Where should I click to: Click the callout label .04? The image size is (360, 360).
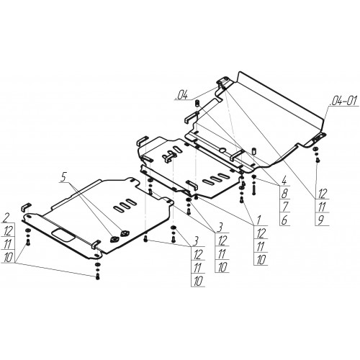tap(181, 95)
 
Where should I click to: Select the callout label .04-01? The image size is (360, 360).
tap(343, 101)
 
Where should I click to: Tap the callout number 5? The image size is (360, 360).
tap(63, 177)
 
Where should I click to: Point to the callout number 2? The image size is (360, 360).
tap(7, 218)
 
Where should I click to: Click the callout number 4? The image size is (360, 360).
tap(284, 181)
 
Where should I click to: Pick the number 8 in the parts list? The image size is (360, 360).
tap(284, 194)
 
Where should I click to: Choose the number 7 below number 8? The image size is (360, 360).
tap(284, 207)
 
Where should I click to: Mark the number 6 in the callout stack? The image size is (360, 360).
tap(284, 220)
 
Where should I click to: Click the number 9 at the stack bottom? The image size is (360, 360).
tap(321, 220)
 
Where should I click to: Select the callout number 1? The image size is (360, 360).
tap(258, 220)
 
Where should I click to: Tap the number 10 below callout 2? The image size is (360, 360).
tap(8, 258)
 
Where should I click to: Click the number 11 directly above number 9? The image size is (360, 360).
tap(322, 207)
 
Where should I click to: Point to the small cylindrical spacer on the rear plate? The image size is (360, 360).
tap(253, 151)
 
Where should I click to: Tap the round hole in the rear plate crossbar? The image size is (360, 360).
tap(223, 150)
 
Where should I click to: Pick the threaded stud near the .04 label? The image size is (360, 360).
tap(197, 104)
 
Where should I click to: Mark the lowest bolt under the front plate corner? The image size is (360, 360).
tap(97, 276)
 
